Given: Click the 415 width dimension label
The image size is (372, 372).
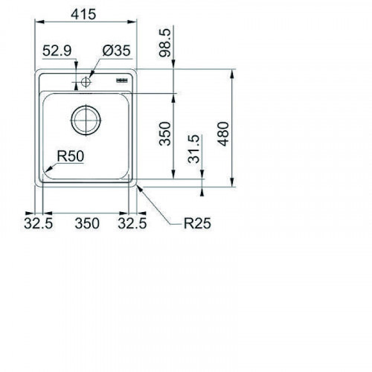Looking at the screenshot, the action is point(83,14).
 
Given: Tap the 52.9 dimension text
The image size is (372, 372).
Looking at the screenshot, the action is point(57,51).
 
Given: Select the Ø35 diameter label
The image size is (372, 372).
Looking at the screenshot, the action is point(116,51).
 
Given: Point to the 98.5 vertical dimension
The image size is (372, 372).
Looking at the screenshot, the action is point(165,42).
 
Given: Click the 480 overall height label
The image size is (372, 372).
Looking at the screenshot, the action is point(223,134).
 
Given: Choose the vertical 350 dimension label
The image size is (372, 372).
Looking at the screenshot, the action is point(165,133).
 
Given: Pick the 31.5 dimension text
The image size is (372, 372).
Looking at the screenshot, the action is point(193,149).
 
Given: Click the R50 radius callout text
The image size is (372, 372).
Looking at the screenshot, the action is point(71,156).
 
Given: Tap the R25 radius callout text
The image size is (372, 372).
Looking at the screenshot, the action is point(197,223).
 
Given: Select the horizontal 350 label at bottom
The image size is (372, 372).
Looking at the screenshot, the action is point(87,223).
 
